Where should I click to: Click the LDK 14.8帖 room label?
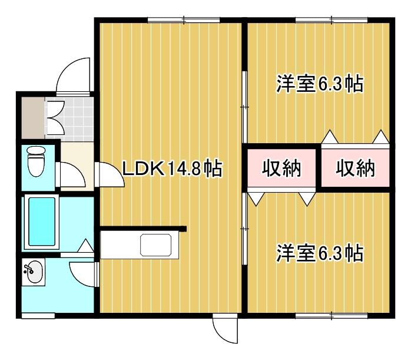173,168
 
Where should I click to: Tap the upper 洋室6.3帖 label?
320,84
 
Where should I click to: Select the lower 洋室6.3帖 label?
320,253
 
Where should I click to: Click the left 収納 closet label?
281,168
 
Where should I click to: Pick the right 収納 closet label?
355,168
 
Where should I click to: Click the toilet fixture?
36,161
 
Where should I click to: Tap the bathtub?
42,222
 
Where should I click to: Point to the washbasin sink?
34,272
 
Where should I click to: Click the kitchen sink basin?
156,245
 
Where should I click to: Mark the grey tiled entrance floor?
69,119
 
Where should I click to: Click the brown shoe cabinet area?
33,118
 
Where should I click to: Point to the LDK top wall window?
184,20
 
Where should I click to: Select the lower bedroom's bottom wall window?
332,315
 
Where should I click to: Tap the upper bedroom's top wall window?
332,20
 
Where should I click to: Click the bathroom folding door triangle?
85,246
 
